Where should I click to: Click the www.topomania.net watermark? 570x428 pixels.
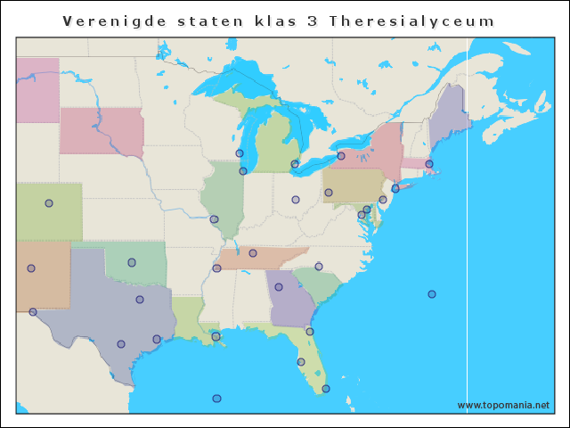click(503, 405)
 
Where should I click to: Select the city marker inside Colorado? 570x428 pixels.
click(49, 203)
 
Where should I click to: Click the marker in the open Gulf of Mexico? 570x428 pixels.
click(216, 399)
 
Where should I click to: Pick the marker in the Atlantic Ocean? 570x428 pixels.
click(432, 294)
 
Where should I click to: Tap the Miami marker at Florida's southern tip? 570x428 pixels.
click(326, 389)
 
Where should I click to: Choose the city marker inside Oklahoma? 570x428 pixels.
click(132, 262)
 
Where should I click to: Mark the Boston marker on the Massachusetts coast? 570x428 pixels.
click(428, 164)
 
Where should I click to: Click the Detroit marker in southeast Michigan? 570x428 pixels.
click(295, 164)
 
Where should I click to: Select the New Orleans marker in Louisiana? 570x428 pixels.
click(216, 336)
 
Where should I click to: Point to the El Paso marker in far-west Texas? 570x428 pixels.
click(33, 312)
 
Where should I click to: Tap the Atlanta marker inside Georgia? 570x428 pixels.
click(279, 287)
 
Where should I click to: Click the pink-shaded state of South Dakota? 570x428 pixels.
click(101, 131)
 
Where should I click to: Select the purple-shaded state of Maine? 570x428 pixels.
click(450, 116)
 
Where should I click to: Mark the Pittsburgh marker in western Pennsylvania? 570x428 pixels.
click(329, 193)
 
